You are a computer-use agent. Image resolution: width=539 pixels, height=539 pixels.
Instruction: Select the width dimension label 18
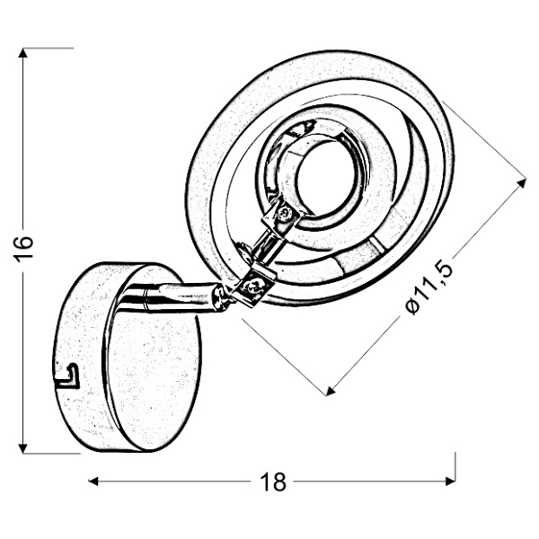click(273, 482)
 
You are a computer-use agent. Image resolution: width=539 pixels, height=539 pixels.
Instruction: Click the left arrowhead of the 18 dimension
click(93, 482)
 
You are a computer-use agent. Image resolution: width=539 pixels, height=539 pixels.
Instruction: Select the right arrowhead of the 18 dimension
click(451, 482)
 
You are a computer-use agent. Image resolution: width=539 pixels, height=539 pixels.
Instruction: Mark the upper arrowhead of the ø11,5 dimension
click(522, 183)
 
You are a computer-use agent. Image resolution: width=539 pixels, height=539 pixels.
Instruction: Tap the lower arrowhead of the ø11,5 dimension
click(330, 391)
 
